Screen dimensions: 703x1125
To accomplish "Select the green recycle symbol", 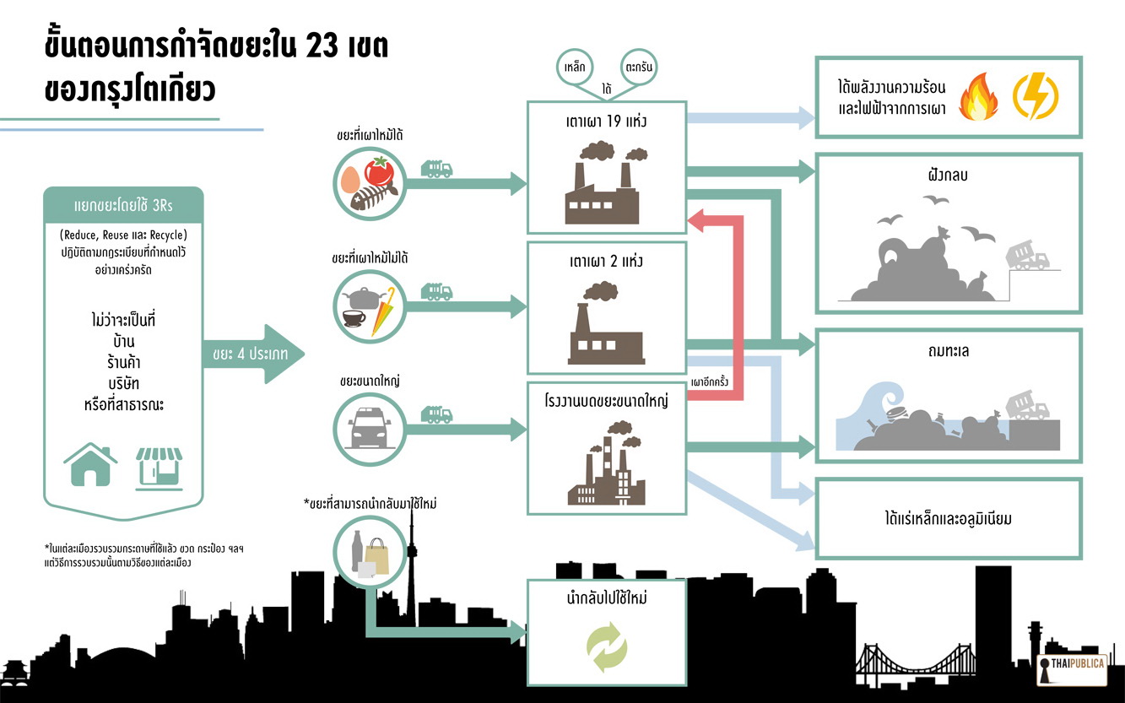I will (607, 647).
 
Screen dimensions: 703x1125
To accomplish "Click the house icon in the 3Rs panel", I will (90, 465).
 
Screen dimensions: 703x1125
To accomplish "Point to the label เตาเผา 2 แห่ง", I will (606, 262).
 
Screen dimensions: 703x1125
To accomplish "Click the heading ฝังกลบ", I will (947, 178).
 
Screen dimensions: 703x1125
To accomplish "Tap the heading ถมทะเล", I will (947, 351).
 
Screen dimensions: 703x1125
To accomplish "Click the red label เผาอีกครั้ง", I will (710, 381).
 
